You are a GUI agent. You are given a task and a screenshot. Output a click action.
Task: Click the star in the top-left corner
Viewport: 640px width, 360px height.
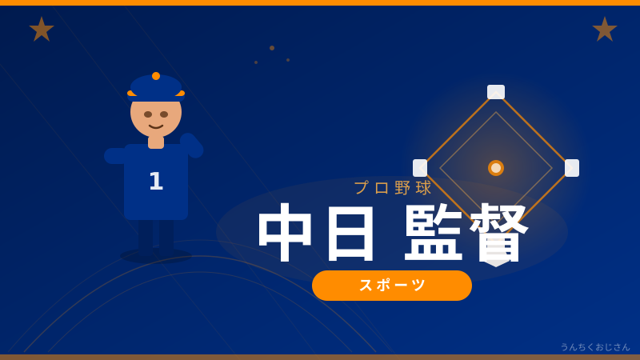pyautogui.click(x=42, y=30)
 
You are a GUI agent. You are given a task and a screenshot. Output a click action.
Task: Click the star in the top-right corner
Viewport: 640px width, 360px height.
pyautogui.click(x=605, y=30)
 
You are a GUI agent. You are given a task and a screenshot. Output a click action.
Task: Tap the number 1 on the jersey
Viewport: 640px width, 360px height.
pyautogui.click(x=156, y=181)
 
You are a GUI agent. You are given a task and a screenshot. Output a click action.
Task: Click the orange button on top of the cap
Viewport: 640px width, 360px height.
pyautogui.click(x=156, y=76)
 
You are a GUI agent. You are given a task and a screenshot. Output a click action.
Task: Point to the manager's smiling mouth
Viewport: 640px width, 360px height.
pyautogui.click(x=156, y=126)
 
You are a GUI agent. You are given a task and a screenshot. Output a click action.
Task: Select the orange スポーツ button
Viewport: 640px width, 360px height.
pyautogui.click(x=392, y=286)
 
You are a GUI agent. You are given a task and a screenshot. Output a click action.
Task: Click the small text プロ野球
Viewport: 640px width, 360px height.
pyautogui.click(x=393, y=188)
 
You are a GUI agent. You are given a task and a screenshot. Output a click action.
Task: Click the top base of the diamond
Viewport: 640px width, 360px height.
pyautogui.click(x=496, y=92)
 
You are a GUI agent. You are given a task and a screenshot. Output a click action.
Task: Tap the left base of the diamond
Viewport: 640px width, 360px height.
pyautogui.click(x=420, y=168)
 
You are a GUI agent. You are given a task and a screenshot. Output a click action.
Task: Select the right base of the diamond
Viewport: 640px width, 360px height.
pyautogui.click(x=572, y=168)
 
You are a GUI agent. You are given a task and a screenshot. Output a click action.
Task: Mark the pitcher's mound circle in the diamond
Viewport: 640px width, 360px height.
pyautogui.click(x=496, y=168)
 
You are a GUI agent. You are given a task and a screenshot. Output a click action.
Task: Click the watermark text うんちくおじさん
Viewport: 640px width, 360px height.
pyautogui.click(x=595, y=347)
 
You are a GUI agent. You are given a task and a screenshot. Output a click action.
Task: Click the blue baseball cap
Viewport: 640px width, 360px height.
pyautogui.click(x=156, y=88)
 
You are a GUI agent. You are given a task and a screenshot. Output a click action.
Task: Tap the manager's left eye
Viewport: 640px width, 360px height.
pyautogui.click(x=148, y=114)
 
